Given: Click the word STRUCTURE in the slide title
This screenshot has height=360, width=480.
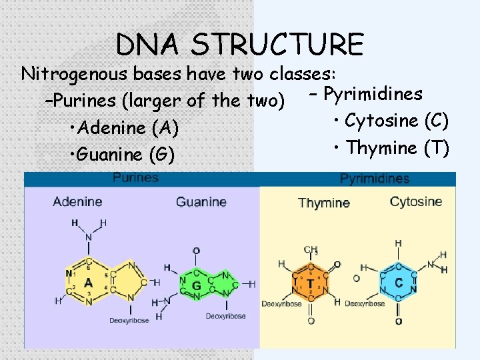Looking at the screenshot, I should [x=277, y=45].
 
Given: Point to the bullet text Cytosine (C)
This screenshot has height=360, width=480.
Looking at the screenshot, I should [x=397, y=121].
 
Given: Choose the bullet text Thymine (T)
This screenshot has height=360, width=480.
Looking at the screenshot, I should [x=397, y=147].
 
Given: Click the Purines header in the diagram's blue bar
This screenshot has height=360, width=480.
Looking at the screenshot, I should [x=135, y=178].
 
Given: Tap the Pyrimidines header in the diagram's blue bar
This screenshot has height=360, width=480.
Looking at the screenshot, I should [x=375, y=179].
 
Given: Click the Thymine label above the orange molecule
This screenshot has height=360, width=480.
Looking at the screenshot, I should [x=324, y=203].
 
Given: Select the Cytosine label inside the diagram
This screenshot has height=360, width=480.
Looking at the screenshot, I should [x=415, y=201].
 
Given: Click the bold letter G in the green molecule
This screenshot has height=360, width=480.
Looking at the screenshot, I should [x=196, y=286].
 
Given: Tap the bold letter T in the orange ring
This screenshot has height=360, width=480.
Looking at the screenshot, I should [x=310, y=283].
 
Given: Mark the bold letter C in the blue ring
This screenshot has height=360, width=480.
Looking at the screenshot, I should [x=398, y=283].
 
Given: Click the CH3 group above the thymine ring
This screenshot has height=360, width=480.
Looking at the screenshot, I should [x=311, y=250].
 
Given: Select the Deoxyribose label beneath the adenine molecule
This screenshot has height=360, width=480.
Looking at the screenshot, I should [x=129, y=321].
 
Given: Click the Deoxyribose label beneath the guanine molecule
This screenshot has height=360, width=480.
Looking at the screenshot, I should [x=225, y=315].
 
